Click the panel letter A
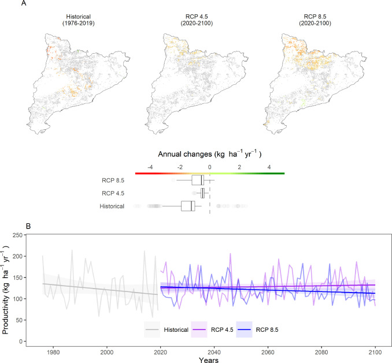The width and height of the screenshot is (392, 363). coord(23,5)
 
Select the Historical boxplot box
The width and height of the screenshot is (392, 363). coord(188,206)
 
